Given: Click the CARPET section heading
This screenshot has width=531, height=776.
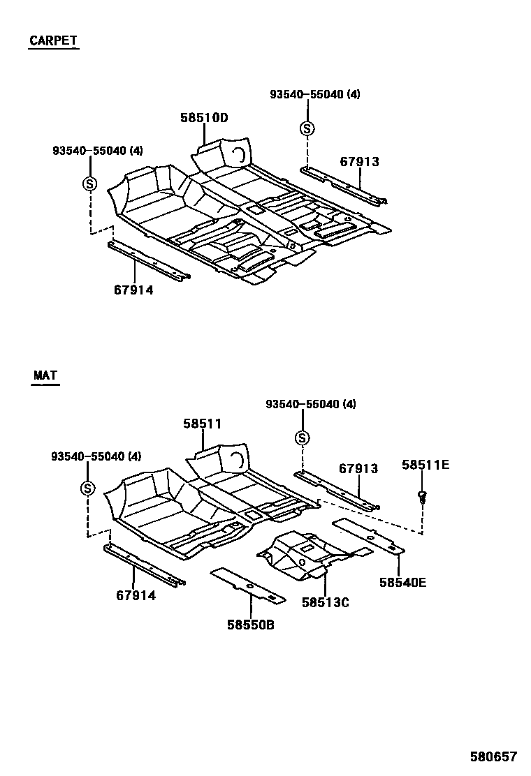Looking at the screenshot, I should click(53, 40).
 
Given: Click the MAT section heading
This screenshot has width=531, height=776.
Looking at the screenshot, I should click(45, 375).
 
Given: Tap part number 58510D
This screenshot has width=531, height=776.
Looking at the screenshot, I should click(204, 118).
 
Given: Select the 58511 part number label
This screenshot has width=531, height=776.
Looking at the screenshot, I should click(203, 424).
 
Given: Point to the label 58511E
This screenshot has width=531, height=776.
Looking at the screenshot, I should click(425, 464).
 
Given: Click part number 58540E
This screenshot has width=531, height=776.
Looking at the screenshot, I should click(402, 581).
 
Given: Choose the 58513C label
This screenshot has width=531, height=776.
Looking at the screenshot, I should click(325, 602).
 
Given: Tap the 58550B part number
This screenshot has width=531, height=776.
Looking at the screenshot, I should click(250, 625).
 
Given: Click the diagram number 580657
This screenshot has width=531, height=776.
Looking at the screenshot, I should click(493, 756).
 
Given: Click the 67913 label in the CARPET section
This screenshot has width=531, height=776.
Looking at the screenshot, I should click(360, 162).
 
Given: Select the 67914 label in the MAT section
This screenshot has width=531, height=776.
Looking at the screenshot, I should click(136, 595).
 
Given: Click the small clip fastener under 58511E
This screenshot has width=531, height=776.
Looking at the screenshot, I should click(422, 497).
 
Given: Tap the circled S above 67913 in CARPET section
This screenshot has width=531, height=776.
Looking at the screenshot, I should click(307, 128).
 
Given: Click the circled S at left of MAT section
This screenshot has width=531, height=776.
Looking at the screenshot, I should click(87, 488).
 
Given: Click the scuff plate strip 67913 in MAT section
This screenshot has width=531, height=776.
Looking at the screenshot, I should click(335, 488).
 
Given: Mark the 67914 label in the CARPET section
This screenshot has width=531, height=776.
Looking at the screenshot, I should click(133, 290).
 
